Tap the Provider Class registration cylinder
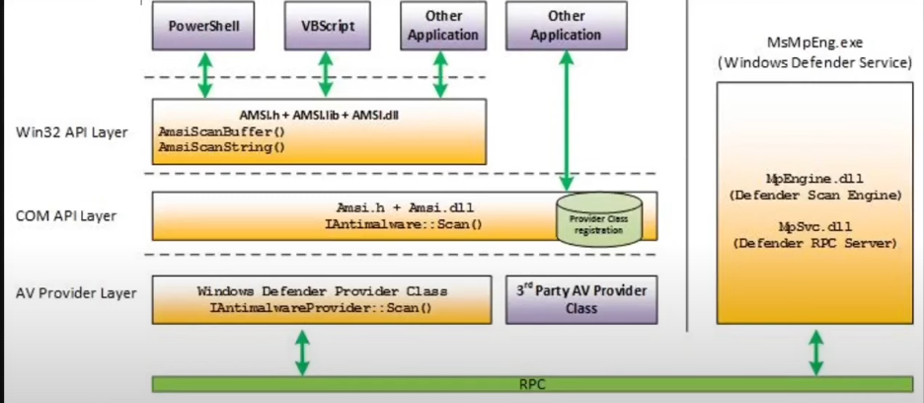(x=598, y=219)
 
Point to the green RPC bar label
(x=533, y=383)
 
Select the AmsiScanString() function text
(x=220, y=147)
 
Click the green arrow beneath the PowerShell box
(x=205, y=75)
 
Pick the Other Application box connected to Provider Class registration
(x=565, y=26)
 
